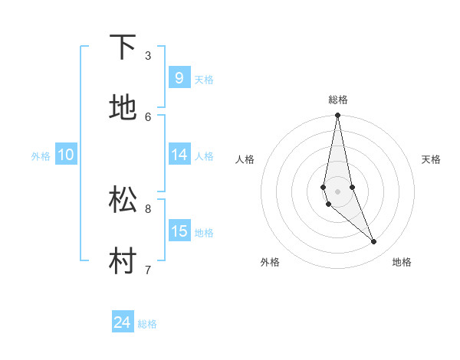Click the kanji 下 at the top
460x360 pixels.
click(123, 47)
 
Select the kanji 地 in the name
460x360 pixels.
click(123, 108)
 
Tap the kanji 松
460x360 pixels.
click(123, 200)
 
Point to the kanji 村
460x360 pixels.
click(123, 261)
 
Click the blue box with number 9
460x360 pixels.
click(179, 78)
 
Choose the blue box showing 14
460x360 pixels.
click(179, 155)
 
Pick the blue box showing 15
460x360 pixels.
click(179, 231)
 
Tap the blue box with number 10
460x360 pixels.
click(65, 155)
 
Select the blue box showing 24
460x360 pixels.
click(122, 322)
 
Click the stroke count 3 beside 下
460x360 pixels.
click(148, 55)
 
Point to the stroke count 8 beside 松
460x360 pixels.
click(148, 208)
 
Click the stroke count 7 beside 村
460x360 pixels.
click(148, 270)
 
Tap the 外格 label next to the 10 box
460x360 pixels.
click(41, 156)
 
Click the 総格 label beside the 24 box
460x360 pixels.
click(147, 324)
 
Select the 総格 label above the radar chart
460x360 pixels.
click(338, 100)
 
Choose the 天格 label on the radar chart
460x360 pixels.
click(431, 159)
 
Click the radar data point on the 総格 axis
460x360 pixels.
click(337, 116)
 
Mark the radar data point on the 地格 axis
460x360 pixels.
click(374, 242)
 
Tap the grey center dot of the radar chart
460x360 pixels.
click(337, 191)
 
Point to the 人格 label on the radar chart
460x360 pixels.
click(245, 159)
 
